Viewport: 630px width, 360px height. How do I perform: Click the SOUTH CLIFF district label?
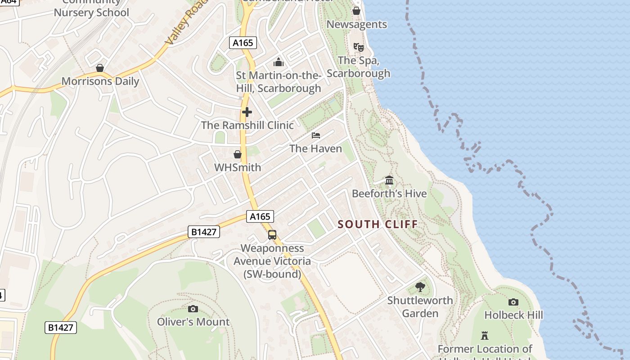pos(378,224)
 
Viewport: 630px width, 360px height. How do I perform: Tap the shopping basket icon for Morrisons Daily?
pos(100,68)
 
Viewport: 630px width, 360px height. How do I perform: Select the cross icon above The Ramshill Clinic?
pos(247,112)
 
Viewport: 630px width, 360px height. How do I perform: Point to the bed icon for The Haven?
pos(316,135)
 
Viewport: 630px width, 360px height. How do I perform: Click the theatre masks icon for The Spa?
pos(358,47)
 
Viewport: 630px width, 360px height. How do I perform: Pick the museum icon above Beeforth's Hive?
pos(389,180)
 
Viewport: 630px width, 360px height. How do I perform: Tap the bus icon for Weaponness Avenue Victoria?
pos(272,234)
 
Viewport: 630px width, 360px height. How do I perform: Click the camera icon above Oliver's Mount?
pos(193,309)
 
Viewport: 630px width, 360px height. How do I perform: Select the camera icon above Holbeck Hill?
pos(513,302)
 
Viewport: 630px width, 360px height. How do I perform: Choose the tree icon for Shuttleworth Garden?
pos(420,287)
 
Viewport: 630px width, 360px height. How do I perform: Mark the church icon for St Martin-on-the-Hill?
pos(279,62)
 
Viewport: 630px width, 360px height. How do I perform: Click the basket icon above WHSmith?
pos(238,155)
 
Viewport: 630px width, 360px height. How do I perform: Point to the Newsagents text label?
pos(356,24)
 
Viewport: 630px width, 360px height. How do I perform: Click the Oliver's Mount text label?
pos(193,322)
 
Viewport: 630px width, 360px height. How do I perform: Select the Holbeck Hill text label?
pos(513,315)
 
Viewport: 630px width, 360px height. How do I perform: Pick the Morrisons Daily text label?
pos(100,81)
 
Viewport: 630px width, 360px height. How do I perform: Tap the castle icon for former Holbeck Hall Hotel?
pos(485,336)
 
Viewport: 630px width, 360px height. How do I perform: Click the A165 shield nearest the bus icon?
pos(260,216)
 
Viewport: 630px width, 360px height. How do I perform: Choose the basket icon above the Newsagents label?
pos(356,11)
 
